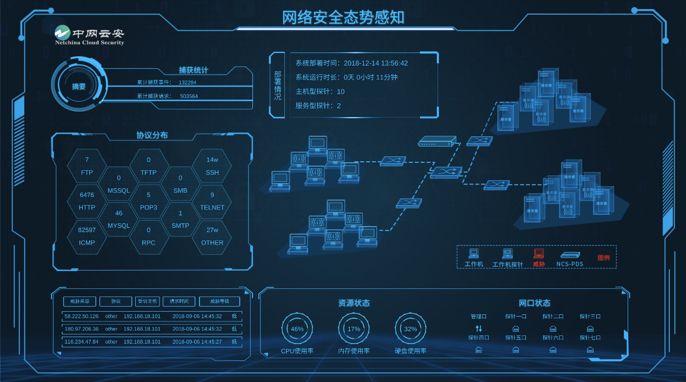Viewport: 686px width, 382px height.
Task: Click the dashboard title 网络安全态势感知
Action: click(x=343, y=17)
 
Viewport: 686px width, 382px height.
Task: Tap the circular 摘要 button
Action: click(x=79, y=86)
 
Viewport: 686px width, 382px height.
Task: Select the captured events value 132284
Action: click(x=188, y=83)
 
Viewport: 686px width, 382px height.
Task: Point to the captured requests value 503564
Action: click(x=189, y=96)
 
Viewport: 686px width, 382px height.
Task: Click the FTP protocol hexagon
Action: click(x=86, y=166)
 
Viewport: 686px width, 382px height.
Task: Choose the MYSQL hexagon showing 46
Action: click(x=118, y=219)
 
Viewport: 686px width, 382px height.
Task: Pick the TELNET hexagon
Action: click(x=212, y=201)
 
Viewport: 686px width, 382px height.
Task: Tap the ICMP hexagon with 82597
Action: click(x=86, y=236)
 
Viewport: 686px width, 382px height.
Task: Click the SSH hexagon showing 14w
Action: click(x=212, y=166)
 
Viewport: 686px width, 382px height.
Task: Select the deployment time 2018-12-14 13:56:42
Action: click(x=375, y=63)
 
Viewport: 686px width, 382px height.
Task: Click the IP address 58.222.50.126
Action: click(x=82, y=316)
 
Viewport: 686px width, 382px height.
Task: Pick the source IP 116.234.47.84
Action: click(x=82, y=342)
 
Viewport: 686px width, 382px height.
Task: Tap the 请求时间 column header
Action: click(x=179, y=301)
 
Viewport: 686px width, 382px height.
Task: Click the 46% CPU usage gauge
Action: click(x=297, y=329)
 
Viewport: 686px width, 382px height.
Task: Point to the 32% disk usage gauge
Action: click(x=410, y=329)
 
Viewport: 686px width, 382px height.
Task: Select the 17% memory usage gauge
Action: click(x=354, y=329)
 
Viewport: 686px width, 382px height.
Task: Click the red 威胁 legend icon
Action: click(x=538, y=253)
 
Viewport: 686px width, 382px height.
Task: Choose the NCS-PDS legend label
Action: click(x=570, y=264)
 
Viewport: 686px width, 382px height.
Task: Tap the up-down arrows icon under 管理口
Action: click(x=478, y=328)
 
